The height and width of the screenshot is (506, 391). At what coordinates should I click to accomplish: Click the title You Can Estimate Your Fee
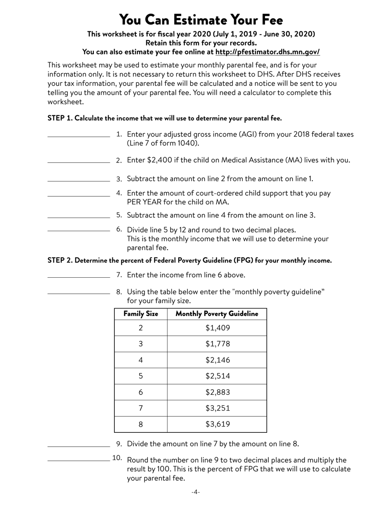tap(201, 20)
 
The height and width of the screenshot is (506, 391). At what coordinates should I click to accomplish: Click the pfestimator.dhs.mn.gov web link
tap(267, 52)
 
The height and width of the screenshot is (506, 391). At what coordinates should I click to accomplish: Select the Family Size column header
tap(141, 314)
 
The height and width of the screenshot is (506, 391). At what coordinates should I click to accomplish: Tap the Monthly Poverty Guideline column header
tap(217, 314)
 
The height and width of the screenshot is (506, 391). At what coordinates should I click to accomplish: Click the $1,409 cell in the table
tap(217, 328)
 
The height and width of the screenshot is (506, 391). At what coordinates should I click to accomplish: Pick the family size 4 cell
tap(141, 360)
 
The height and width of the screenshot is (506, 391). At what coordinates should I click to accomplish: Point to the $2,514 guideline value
tap(217, 376)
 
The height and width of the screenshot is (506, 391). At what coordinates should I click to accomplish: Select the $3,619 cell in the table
tap(217, 424)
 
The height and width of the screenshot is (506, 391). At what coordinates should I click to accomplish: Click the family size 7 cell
tap(141, 408)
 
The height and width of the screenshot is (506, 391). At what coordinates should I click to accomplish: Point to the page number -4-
tap(195, 492)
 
